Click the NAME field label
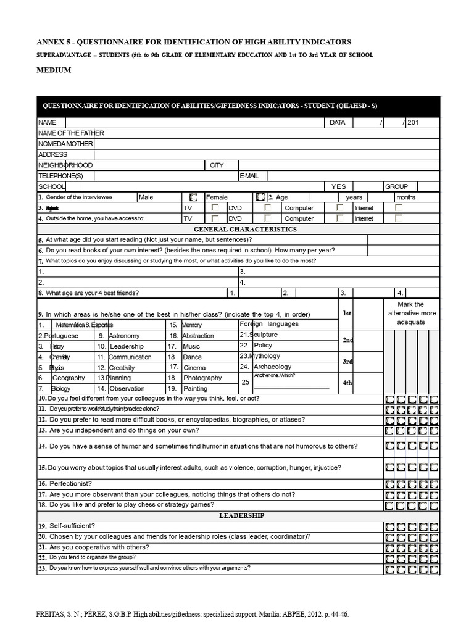[48, 123]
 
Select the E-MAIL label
[249, 176]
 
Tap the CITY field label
[217, 165]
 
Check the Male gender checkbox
[193, 197]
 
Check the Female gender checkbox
[260, 197]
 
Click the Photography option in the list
[202, 378]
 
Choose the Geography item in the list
[69, 378]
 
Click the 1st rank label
[347, 314]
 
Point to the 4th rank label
[347, 383]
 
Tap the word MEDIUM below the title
[54, 70]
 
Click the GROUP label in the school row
[396, 186]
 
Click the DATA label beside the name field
[337, 123]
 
